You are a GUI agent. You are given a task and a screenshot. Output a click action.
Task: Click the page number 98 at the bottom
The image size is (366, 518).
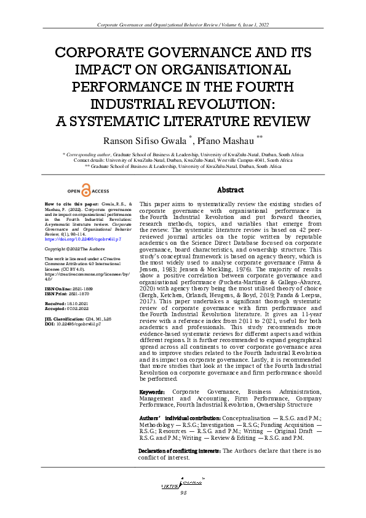point(183,493)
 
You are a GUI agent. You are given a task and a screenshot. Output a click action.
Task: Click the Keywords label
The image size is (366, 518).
point(153,391)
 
